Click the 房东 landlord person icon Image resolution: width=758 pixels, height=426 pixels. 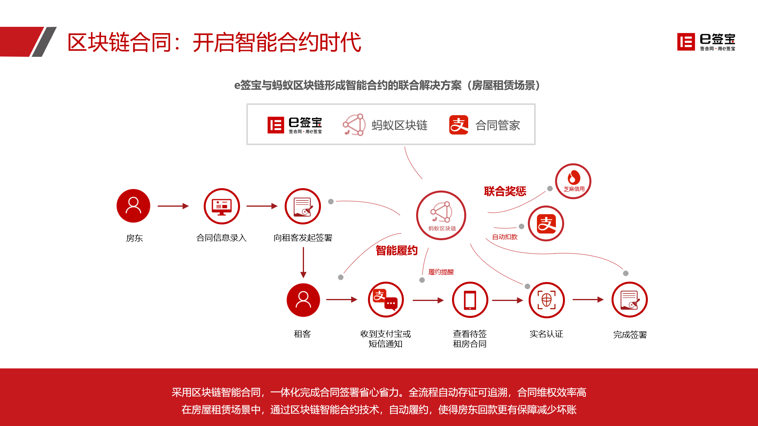pos(133,206)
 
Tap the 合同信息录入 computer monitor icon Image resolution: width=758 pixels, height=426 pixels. pos(222,206)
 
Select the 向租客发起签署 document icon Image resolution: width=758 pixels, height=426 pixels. pos(303,206)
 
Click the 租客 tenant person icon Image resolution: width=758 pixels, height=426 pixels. pos(303,300)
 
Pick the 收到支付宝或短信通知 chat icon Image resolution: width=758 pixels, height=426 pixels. pos(386,300)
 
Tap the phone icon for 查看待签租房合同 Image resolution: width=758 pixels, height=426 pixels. pos(470,300)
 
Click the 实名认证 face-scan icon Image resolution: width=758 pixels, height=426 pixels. pos(546,300)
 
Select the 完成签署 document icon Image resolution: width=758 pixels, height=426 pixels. pos(630,300)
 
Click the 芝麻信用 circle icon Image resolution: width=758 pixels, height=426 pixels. pos(573,181)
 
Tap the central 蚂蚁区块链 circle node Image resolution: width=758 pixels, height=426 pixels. pos(441,215)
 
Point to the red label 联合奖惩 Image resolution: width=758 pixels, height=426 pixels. pos(505,191)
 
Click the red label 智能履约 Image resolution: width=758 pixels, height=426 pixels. pos(396,250)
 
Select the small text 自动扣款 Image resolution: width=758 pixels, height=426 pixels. pos(505,237)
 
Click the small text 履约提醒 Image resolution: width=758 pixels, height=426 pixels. pos(441,272)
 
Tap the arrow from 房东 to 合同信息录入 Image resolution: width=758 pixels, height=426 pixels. pos(173,206)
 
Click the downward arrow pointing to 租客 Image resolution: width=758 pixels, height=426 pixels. pos(303,263)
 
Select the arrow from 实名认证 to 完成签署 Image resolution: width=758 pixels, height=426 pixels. pos(588,300)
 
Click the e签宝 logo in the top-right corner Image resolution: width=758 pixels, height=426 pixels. pos(706,42)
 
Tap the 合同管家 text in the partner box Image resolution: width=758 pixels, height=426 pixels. pos(497,125)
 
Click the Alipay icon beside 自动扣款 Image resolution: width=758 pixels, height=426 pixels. pos(546,224)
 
